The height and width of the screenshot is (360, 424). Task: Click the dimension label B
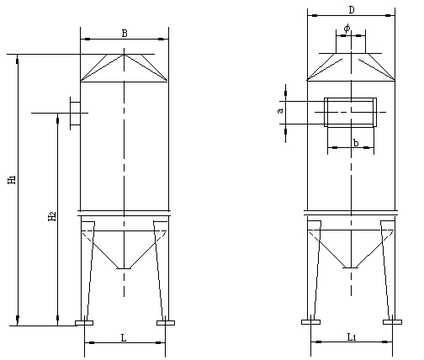(125, 34)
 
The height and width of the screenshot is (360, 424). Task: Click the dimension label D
(352, 10)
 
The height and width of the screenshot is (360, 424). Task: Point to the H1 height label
(12, 179)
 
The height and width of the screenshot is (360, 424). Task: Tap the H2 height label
(52, 216)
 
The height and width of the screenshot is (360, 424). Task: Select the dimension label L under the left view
(124, 338)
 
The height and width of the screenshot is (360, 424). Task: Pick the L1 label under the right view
(352, 337)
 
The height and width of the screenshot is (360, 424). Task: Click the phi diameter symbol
(347, 28)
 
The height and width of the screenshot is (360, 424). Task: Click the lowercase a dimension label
(280, 111)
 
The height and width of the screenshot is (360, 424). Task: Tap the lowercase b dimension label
(356, 143)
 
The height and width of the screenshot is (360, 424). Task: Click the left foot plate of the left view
(84, 323)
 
